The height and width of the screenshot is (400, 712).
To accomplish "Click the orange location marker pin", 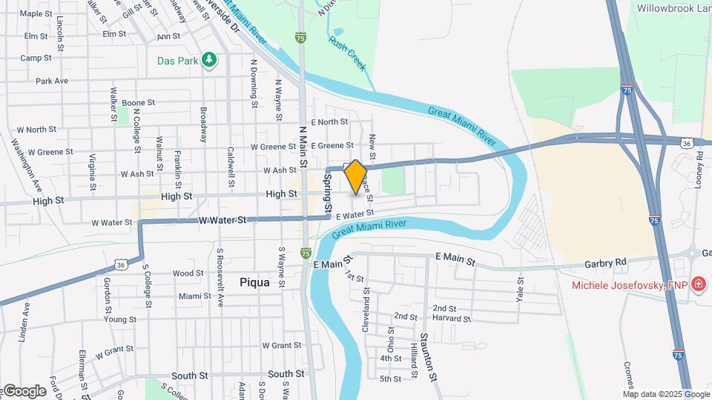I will click(355, 176).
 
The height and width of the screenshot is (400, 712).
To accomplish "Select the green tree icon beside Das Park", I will click(210, 60).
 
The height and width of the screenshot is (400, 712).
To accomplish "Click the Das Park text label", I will click(177, 61).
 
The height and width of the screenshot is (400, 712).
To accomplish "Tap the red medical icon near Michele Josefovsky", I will click(698, 284).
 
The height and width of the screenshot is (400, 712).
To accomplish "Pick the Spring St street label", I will click(326, 191).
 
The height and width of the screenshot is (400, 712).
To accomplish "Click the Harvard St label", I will click(452, 319).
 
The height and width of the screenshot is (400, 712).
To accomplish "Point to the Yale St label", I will click(520, 290).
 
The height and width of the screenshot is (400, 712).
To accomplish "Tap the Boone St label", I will click(138, 103).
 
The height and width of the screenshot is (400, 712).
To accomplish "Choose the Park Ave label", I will click(52, 81).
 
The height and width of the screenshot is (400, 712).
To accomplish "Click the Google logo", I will click(24, 391).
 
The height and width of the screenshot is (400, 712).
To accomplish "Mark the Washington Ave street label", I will click(24, 159).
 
